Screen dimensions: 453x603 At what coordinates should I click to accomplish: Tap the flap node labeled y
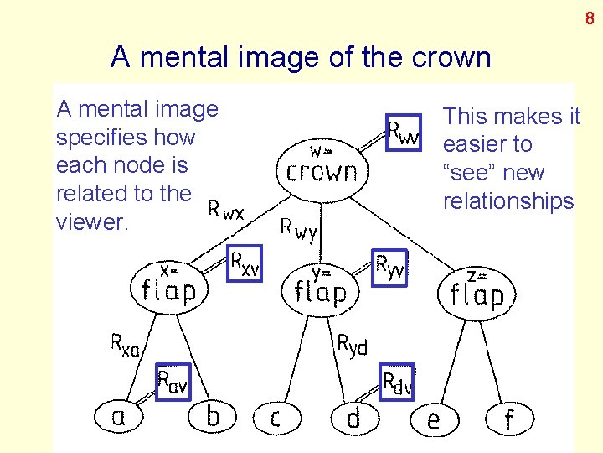pos(321,287)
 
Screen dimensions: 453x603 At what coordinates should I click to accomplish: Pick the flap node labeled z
pos(476,291)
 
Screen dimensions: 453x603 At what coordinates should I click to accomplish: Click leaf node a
pos(119,415)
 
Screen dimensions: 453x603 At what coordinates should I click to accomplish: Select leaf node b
pos(213,415)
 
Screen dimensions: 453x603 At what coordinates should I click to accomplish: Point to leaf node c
pos(275,417)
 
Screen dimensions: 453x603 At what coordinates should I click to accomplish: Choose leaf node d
pos(353,417)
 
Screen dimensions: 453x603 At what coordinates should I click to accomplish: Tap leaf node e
pos(433,418)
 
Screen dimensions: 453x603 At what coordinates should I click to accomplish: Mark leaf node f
pos(508,418)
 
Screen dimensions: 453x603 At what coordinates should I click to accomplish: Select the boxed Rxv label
pos(245,263)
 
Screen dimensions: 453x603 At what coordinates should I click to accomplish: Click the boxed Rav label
pos(173,383)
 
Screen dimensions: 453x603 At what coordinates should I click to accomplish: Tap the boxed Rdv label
pos(397,383)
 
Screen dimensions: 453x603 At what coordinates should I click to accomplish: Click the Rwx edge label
pos(226,210)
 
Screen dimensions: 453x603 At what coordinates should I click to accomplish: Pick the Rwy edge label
pos(299,228)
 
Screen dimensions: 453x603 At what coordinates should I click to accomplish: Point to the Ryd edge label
pos(352,344)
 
